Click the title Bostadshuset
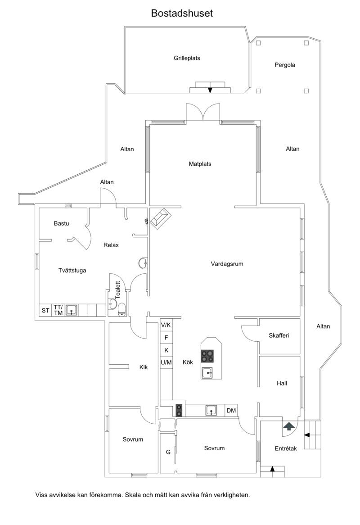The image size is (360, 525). (182, 13)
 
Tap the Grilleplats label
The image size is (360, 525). (187, 58)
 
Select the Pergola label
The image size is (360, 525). (285, 65)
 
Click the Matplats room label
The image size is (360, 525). (200, 164)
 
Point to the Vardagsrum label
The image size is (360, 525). (227, 264)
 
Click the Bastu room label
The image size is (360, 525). (61, 223)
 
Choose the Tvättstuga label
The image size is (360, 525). (72, 271)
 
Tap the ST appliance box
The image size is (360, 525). (45, 310)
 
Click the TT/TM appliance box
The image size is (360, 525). (58, 310)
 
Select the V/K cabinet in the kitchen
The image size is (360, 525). (166, 325)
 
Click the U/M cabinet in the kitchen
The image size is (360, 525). (166, 362)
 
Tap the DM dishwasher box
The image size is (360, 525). (231, 411)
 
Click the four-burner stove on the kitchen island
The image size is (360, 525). (207, 356)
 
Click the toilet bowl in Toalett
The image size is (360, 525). (122, 310)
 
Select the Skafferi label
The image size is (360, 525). (279, 335)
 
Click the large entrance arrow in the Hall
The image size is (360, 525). (289, 426)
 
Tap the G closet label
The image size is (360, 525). (168, 452)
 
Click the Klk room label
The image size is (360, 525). (144, 367)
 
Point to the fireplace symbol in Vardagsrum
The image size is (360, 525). (160, 217)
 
